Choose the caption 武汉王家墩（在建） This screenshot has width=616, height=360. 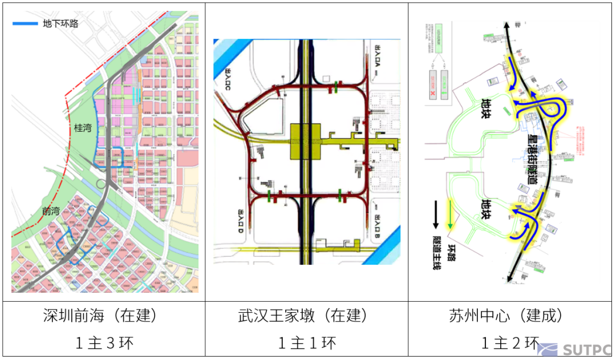306,315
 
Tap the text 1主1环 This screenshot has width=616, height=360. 306,343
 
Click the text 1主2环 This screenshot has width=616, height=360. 509,343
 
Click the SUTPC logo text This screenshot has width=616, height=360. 587,349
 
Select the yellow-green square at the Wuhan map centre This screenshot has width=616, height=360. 307,141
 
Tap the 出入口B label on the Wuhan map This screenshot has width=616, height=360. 378,224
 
